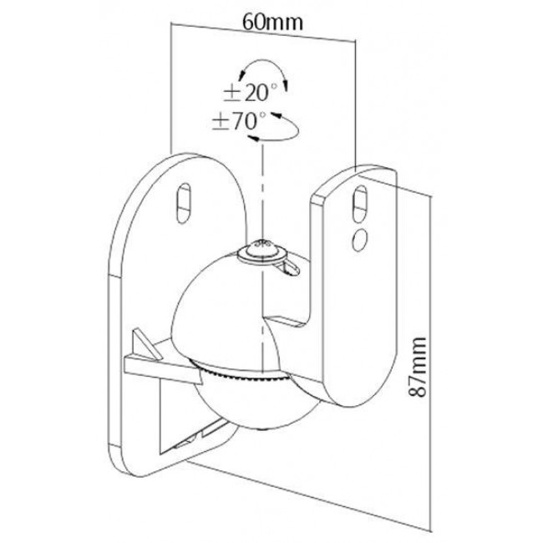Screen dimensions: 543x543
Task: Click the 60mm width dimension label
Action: pyautogui.click(x=272, y=23)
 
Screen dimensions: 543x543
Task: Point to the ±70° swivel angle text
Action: pyautogui.click(x=237, y=120)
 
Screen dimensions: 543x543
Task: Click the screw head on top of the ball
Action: pyautogui.click(x=262, y=247)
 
